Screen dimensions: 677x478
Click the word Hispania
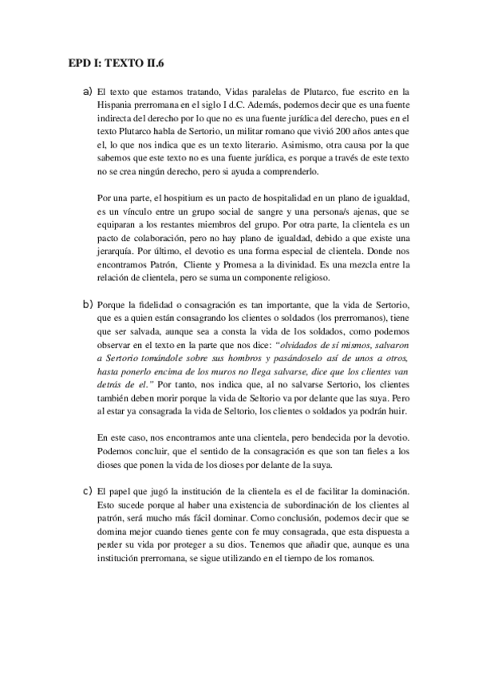tap(115, 106)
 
